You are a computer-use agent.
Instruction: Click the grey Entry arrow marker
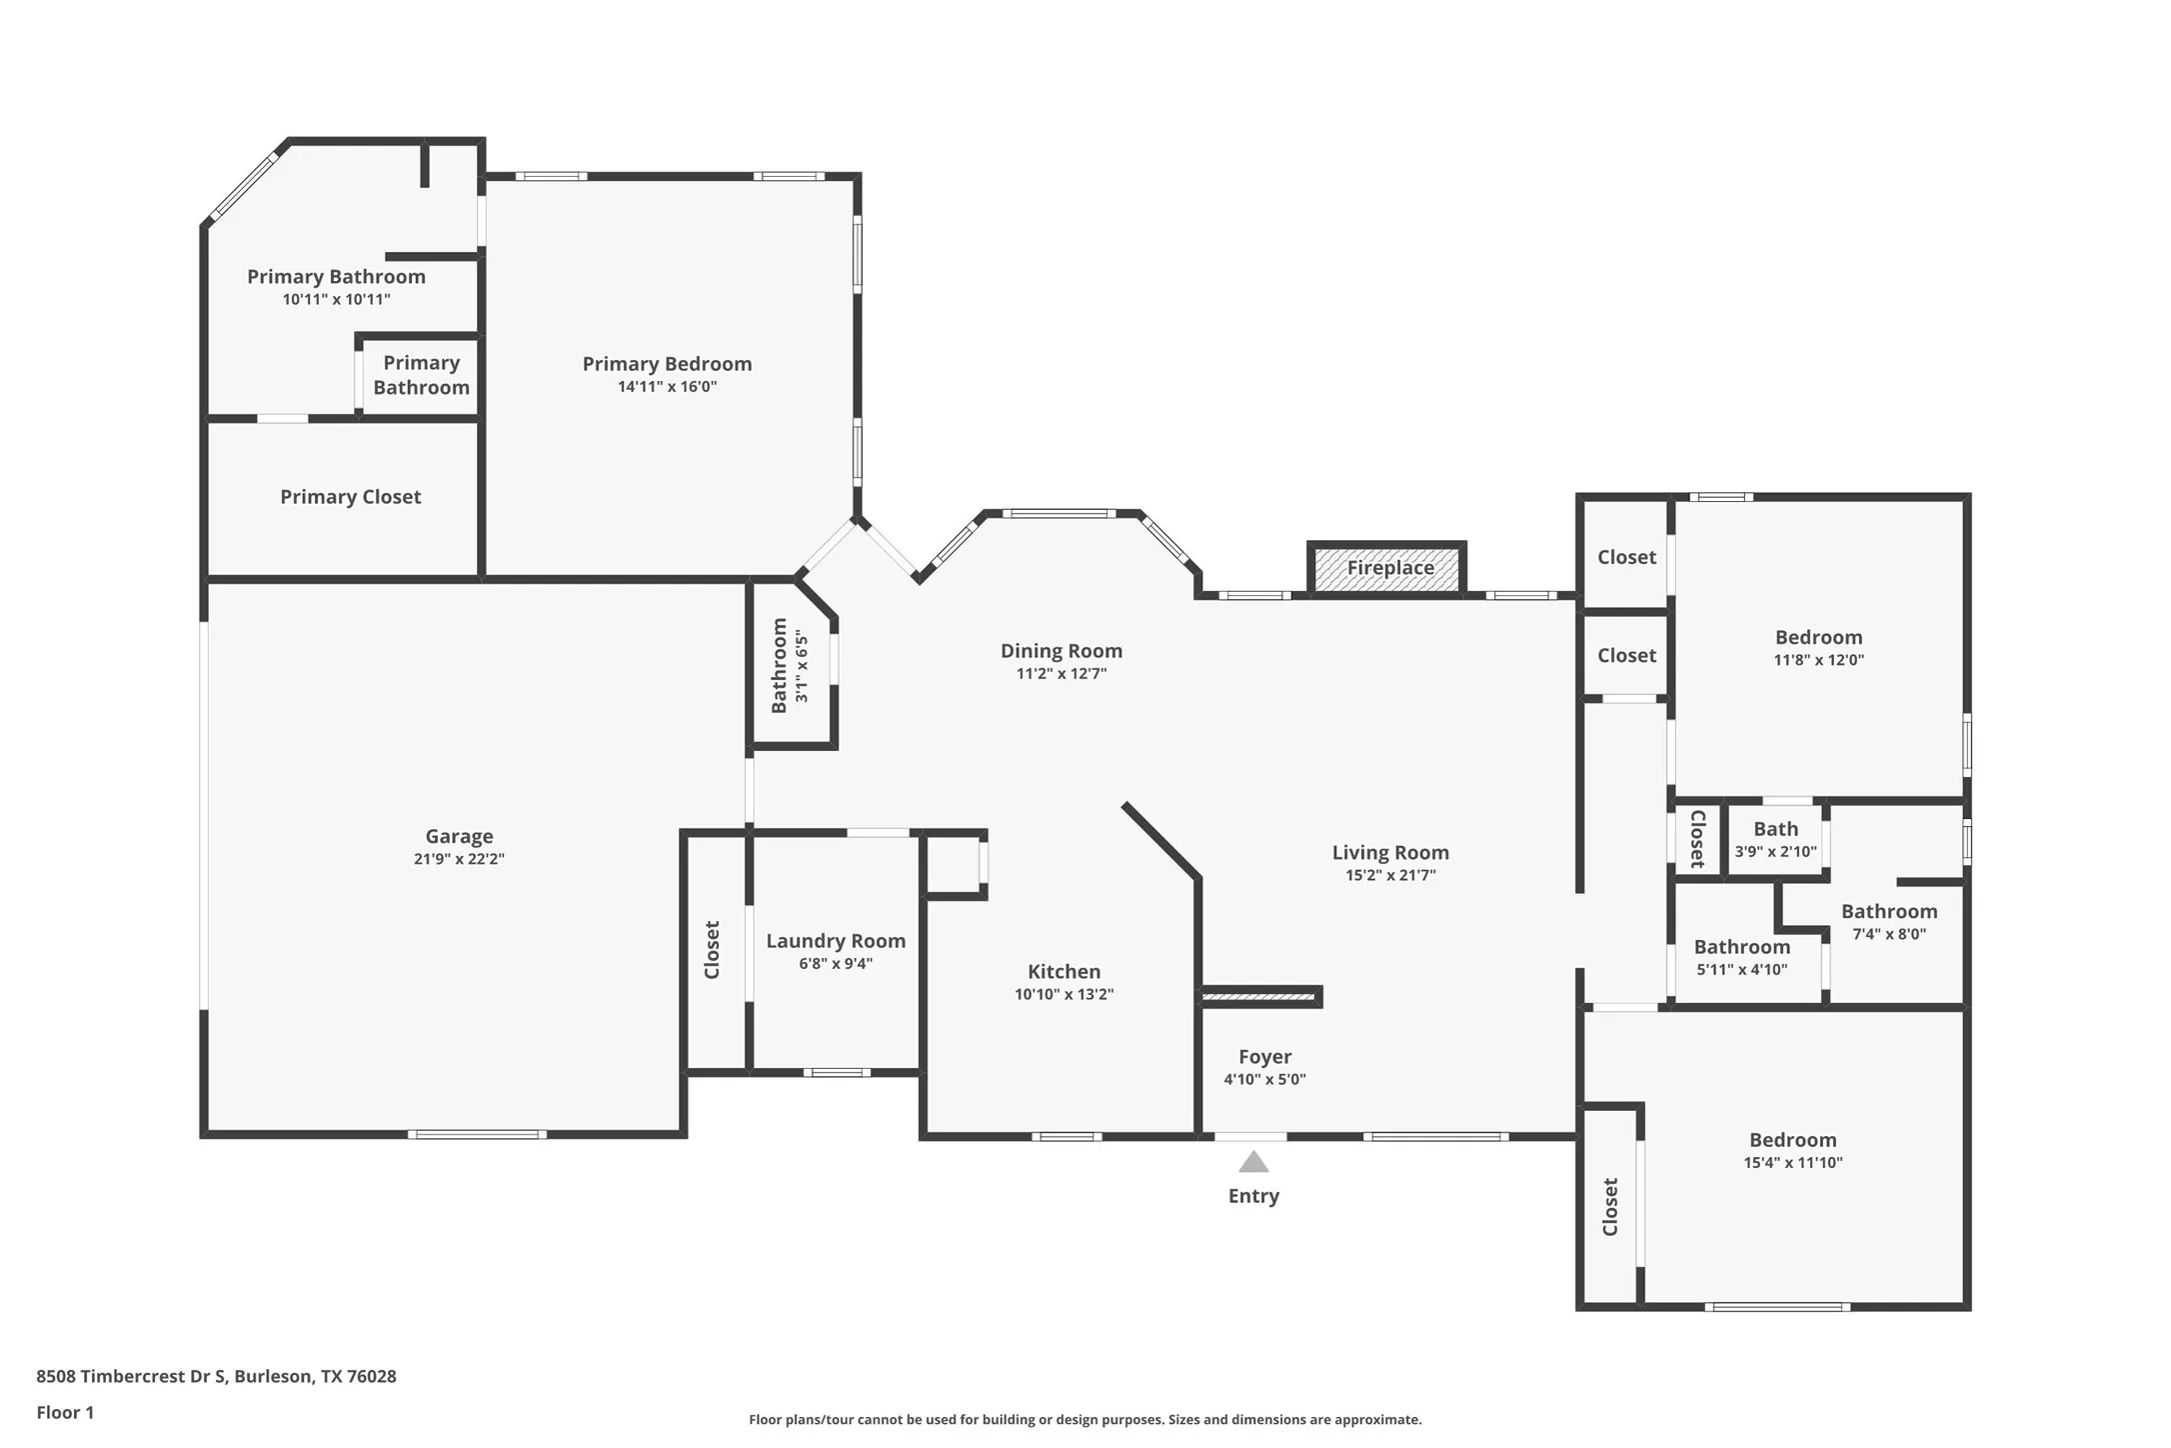(1253, 1162)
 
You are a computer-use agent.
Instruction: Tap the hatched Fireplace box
(1388, 568)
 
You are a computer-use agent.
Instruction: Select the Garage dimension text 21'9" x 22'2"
(459, 859)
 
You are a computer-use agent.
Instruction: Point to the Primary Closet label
(350, 497)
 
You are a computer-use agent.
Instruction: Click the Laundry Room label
(836, 941)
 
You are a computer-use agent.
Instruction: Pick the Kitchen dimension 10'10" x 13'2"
(1064, 994)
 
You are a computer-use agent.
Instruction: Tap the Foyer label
(1264, 1057)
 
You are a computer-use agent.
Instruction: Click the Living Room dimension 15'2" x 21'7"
(1390, 875)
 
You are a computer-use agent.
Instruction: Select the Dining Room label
(1061, 651)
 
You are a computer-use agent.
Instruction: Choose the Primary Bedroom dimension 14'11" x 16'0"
(667, 387)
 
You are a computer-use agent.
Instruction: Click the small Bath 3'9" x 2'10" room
(1775, 840)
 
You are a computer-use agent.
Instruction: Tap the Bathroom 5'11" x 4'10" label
(1741, 947)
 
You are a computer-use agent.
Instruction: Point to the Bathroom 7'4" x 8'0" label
(1888, 912)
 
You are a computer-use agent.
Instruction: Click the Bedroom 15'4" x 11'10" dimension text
(1792, 1162)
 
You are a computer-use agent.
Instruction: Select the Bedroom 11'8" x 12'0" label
(1818, 638)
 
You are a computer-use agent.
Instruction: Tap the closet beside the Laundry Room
(714, 950)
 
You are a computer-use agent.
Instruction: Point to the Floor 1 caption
(65, 1412)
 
